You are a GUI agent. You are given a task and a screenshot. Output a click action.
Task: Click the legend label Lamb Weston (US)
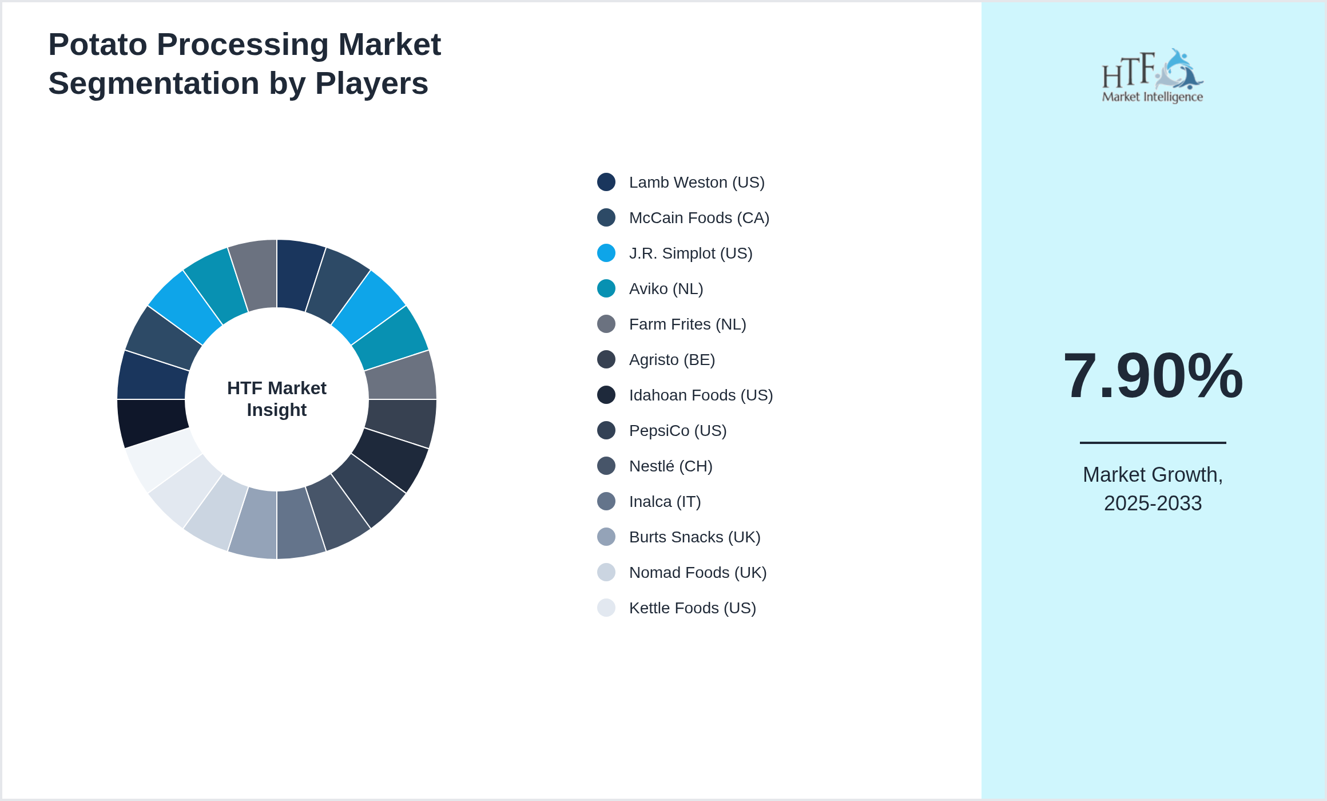[x=696, y=183]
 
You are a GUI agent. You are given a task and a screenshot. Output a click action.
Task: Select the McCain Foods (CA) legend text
[x=698, y=218]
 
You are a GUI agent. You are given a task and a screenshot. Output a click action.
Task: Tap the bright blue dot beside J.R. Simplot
[x=606, y=253]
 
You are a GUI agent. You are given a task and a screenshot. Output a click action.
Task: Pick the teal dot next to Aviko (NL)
[x=606, y=288]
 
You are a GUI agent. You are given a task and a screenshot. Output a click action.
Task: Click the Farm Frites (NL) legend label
[x=687, y=324]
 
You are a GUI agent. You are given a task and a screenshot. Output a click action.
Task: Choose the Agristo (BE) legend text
[x=672, y=360]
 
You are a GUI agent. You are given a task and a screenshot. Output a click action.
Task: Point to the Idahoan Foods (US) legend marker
[x=606, y=395]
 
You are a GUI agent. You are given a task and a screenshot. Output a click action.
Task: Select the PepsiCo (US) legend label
[x=677, y=431]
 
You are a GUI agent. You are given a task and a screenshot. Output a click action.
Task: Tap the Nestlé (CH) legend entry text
[x=670, y=466]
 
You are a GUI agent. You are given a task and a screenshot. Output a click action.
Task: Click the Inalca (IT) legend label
[x=665, y=502]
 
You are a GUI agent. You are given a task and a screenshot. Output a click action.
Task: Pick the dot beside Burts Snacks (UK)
[x=606, y=537]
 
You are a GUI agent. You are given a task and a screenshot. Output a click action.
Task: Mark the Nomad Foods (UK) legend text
[x=697, y=573]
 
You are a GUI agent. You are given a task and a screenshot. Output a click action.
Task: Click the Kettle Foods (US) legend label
[x=692, y=608]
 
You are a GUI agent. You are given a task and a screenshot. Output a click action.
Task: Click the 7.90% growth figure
[x=1153, y=376]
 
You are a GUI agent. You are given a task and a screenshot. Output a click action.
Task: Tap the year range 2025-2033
[x=1153, y=503]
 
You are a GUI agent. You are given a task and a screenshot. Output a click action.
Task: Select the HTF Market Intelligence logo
[x=1152, y=76]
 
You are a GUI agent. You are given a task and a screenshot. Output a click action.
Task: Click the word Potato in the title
[x=98, y=45]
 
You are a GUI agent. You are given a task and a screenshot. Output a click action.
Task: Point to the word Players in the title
[x=371, y=84]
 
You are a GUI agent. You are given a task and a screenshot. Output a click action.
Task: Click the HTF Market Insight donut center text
[x=277, y=399]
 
